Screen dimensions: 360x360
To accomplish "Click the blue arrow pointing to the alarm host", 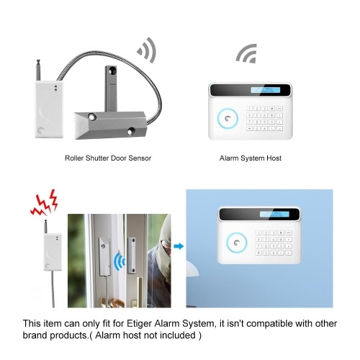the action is pyautogui.click(x=179, y=246).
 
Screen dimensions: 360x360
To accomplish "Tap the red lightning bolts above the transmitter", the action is pyautogui.click(x=45, y=203).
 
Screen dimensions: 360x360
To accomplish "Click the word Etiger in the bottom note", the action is pyautogui.click(x=139, y=324).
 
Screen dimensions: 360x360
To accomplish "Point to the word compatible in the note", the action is pyautogui.click(x=269, y=323).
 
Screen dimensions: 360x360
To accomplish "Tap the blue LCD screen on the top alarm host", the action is pyautogui.click(x=266, y=90).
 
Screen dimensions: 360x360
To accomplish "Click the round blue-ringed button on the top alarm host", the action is pyautogui.click(x=228, y=119).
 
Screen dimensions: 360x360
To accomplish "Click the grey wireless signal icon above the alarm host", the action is pyautogui.click(x=246, y=53).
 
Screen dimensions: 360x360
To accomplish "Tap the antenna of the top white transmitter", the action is pyautogui.click(x=38, y=70).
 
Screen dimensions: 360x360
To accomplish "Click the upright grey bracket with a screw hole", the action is pyautogui.click(x=111, y=89).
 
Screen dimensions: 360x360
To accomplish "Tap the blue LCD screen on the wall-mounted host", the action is pyautogui.click(x=274, y=214).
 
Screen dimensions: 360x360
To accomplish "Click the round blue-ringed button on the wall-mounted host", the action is pyautogui.click(x=236, y=243).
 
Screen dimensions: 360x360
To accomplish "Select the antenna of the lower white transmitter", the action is pyautogui.click(x=45, y=227).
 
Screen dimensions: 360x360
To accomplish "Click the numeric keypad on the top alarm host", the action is pyautogui.click(x=264, y=118).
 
